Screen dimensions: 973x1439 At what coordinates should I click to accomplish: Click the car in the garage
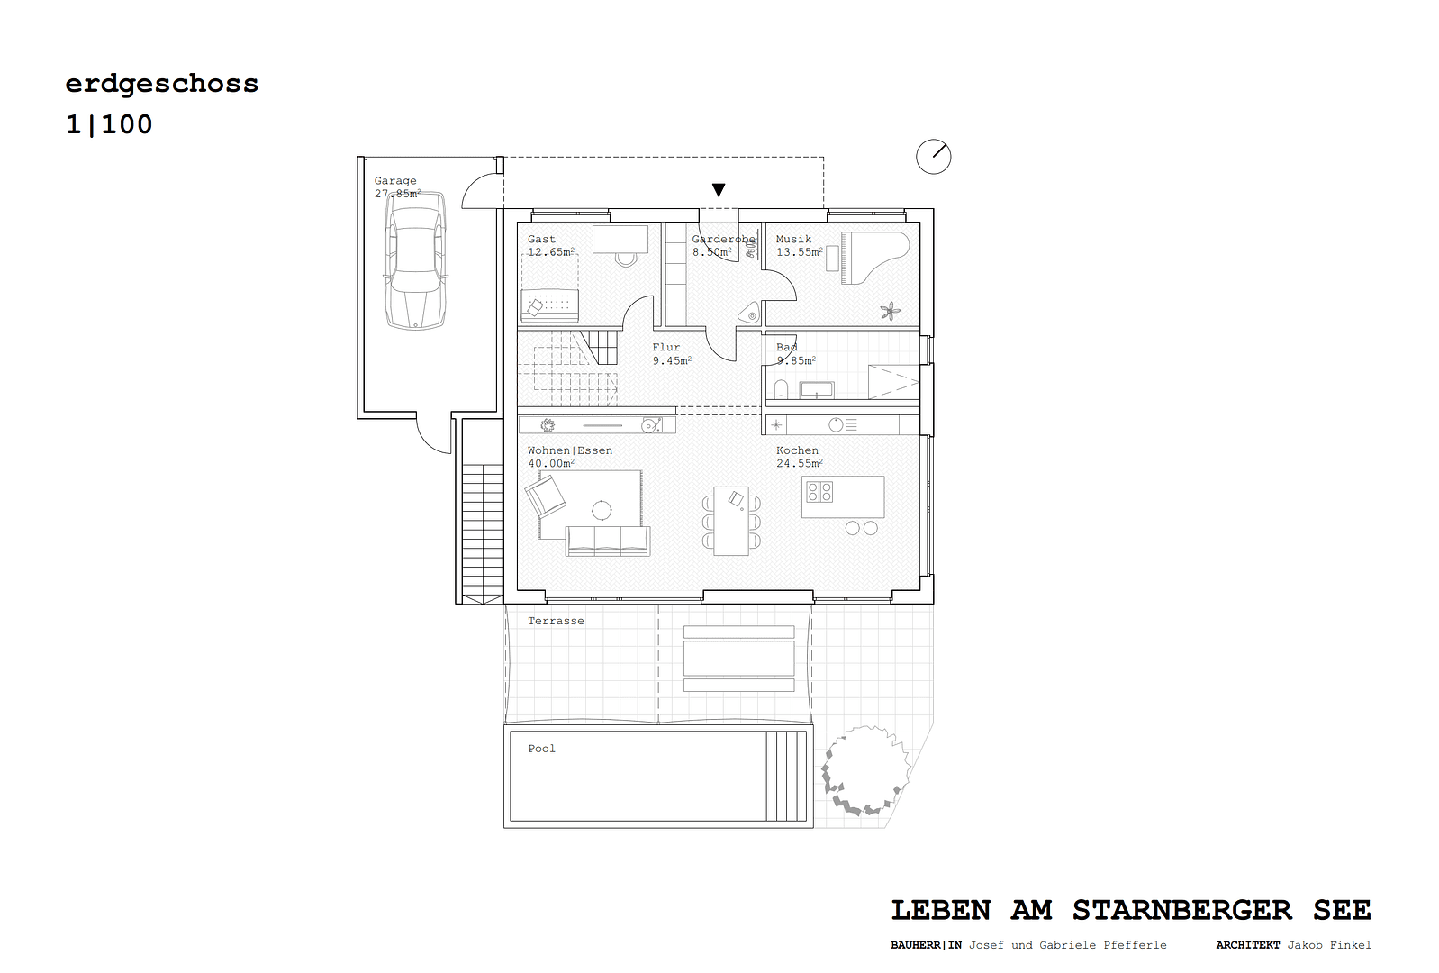pos(415,261)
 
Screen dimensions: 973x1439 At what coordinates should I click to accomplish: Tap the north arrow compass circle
pos(934,157)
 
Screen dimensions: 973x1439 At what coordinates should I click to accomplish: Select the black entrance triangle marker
pos(719,190)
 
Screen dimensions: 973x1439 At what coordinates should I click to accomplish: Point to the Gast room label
pos(541,240)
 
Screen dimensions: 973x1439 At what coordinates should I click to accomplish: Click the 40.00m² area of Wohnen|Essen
pos(551,464)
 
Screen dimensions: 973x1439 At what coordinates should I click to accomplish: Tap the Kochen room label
pos(798,450)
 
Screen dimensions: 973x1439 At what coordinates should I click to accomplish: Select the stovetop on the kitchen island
pos(819,492)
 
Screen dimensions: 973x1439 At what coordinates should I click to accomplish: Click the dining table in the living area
pos(731,521)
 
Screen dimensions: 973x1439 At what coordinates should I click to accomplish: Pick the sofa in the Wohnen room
pos(607,541)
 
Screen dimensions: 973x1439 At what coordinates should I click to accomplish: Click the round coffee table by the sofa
pos(602,511)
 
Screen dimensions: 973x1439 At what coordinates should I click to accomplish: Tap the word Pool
pos(541,749)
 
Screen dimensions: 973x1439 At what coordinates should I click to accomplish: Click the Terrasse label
pos(556,621)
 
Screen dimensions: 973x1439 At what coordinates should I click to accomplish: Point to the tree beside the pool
pos(865,771)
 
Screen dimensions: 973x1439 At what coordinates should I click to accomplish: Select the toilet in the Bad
pos(781,389)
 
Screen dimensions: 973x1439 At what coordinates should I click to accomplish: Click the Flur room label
pos(666,348)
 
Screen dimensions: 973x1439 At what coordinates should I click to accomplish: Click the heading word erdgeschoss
pos(162,84)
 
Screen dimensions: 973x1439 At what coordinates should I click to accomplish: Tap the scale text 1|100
pos(109,124)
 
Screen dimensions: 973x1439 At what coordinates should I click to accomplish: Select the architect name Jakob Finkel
pos(1329,945)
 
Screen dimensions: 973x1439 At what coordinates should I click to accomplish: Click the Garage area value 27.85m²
pos(397,194)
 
